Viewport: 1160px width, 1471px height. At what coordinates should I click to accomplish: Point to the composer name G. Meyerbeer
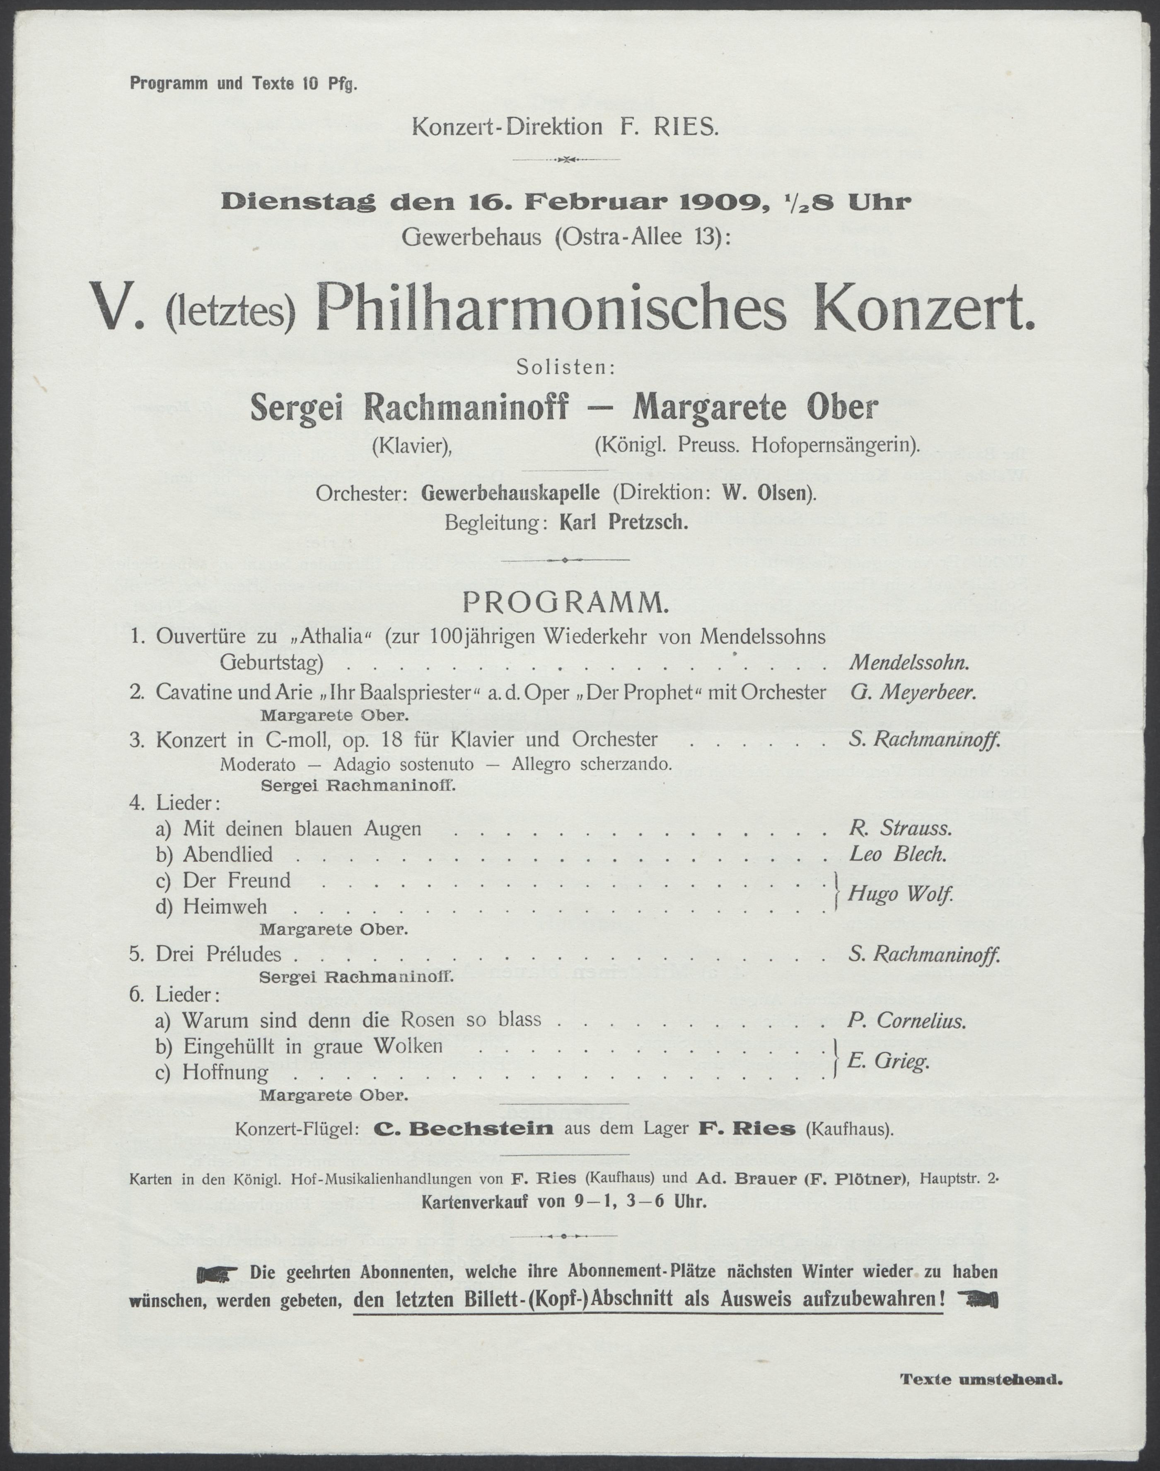(x=912, y=693)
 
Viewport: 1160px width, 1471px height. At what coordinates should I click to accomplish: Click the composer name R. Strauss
(x=900, y=829)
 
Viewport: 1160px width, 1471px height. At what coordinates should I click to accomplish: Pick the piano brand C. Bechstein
(x=464, y=1130)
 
